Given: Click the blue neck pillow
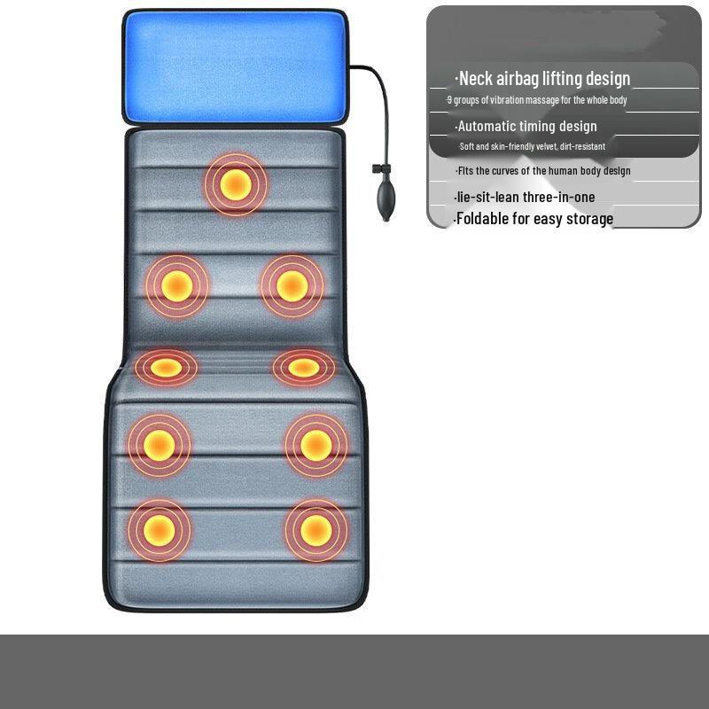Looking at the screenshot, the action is tap(235, 66).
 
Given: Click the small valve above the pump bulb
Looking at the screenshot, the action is tap(379, 168).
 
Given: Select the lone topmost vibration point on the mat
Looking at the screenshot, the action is tap(236, 184).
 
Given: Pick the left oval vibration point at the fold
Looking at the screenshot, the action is tap(166, 368).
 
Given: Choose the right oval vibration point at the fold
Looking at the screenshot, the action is tap(304, 368).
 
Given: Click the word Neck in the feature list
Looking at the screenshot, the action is tap(475, 79).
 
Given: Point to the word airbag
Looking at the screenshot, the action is tap(518, 79).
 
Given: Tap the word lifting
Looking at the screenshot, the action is tap(562, 79).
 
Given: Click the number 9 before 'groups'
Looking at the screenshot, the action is tap(449, 100).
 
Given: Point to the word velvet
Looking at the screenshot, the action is tap(546, 146).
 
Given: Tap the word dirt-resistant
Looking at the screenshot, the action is tap(582, 146).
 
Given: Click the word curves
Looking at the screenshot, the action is tap(505, 171).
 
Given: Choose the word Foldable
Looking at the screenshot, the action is tap(482, 219).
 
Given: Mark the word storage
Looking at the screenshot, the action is tap(589, 219).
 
